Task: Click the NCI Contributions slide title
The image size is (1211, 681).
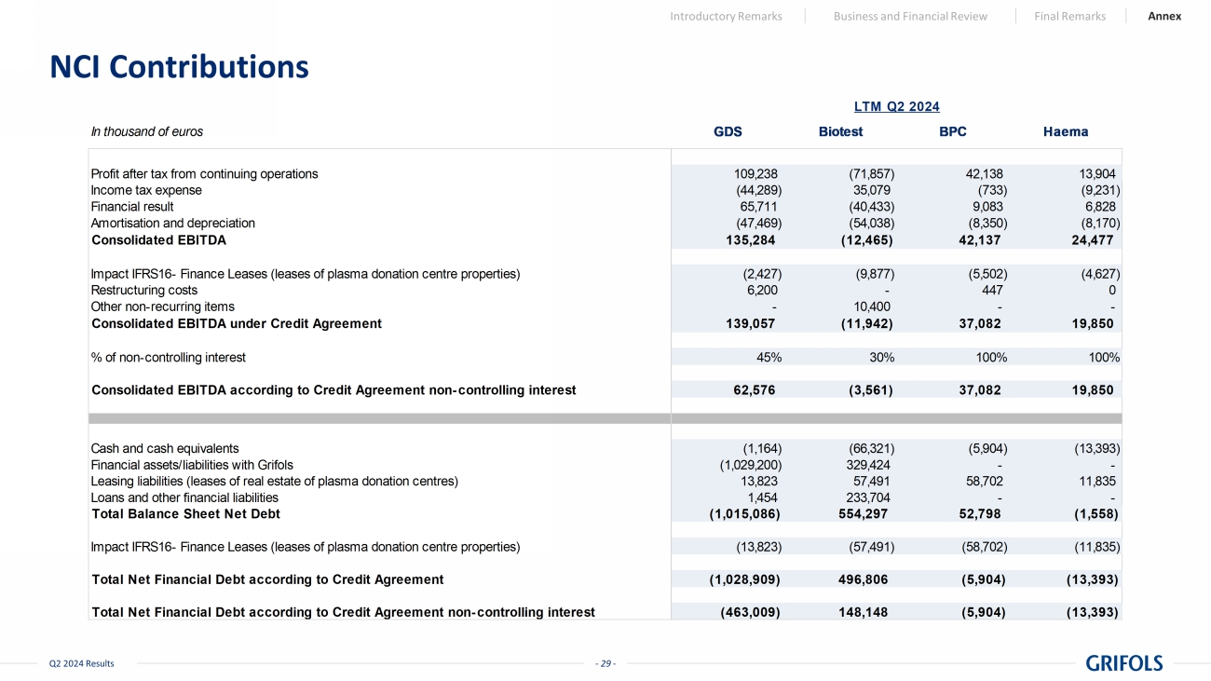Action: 179,67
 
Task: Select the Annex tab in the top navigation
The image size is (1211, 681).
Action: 1164,16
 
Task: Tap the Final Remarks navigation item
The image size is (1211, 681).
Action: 1069,16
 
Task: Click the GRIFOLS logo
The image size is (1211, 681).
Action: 1124,662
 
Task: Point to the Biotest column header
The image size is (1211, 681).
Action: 840,131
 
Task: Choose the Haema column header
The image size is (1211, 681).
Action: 1066,131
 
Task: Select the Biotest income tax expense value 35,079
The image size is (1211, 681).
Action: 873,190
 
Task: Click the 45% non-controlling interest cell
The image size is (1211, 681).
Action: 769,357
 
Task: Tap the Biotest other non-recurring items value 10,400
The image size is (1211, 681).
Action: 873,306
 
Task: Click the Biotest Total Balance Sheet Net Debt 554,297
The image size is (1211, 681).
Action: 857,513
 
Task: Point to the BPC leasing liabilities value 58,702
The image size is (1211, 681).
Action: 981,481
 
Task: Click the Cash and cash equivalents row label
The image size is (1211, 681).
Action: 164,448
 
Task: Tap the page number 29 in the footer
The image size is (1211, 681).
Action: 605,663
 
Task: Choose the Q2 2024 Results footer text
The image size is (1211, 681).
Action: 82,663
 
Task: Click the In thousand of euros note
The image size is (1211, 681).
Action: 146,131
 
